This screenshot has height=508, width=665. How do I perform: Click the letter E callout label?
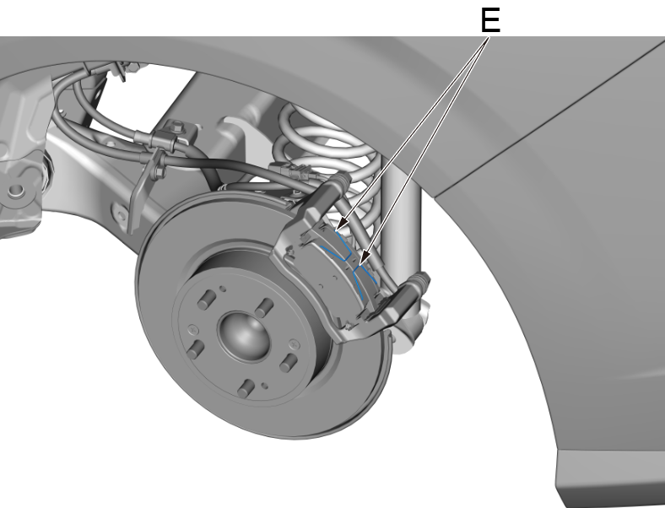click(x=489, y=20)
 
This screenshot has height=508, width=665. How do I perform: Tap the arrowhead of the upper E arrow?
click(x=336, y=228)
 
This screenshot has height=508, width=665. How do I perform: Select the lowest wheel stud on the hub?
click(x=245, y=388)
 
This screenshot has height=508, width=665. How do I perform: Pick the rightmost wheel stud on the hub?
click(x=288, y=360)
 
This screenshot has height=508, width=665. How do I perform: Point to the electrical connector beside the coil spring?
click(x=296, y=177)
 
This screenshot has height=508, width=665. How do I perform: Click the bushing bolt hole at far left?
click(x=14, y=191)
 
